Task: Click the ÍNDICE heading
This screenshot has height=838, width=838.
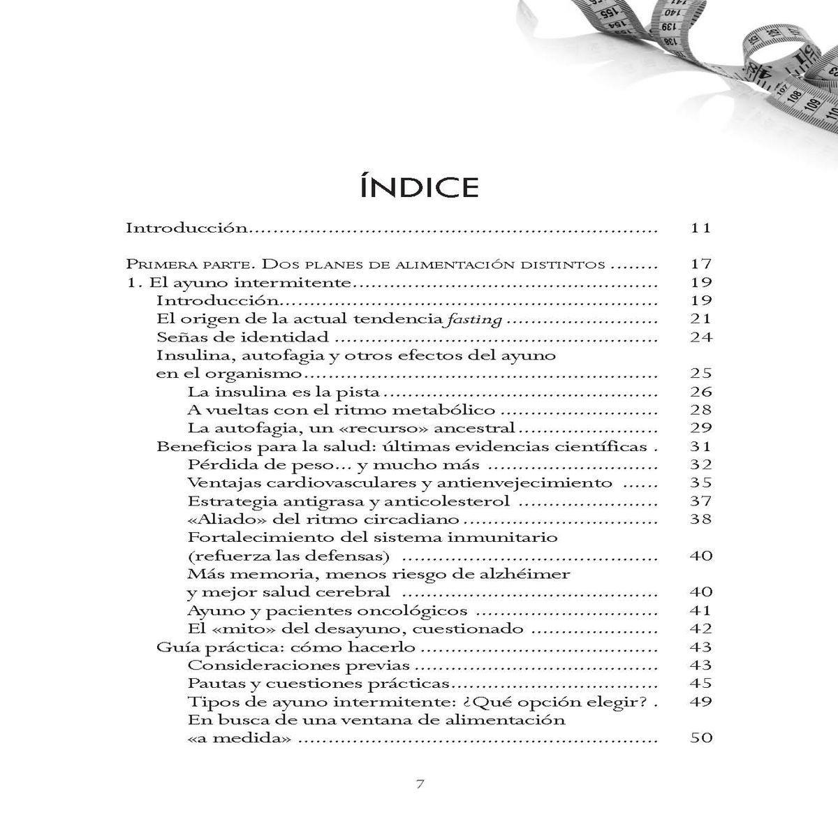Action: tap(419, 187)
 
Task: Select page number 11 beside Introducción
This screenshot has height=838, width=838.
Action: tap(700, 228)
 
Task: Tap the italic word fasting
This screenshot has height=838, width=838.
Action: tap(477, 319)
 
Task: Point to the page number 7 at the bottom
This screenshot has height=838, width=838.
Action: tap(420, 784)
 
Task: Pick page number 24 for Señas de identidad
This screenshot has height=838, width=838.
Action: tap(700, 337)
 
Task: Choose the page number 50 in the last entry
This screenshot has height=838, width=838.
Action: tap(700, 737)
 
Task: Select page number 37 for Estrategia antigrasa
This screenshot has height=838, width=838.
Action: tap(700, 501)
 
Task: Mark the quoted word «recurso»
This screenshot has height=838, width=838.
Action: tap(367, 428)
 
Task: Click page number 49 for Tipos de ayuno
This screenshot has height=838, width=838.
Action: tap(700, 701)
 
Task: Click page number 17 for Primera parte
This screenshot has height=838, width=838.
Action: tap(700, 264)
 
